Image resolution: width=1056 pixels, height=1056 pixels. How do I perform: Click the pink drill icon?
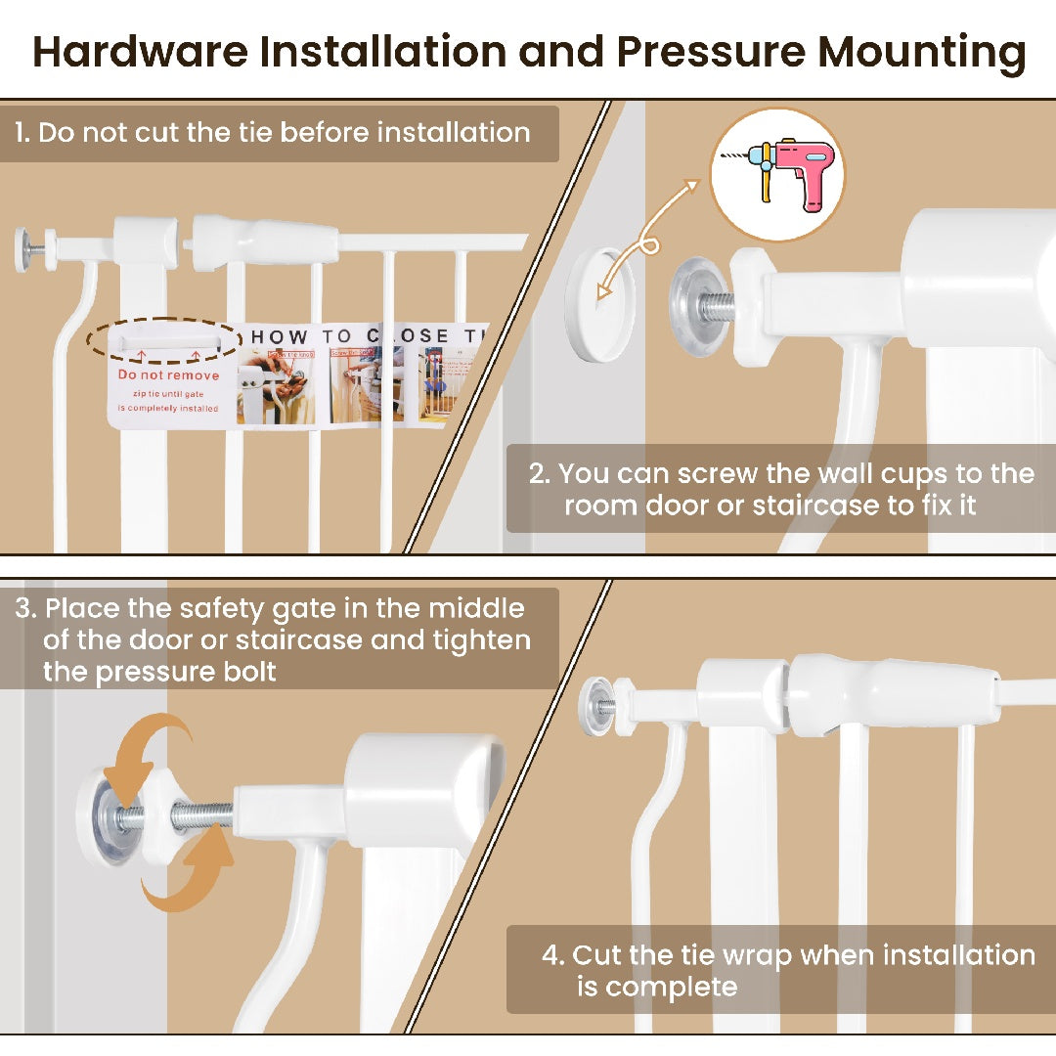coord(777,174)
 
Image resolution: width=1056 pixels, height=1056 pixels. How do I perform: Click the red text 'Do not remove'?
coord(168,375)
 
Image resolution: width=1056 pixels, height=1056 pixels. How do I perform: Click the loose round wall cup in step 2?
coord(600,304)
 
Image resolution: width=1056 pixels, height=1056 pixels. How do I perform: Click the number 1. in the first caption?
coord(22,133)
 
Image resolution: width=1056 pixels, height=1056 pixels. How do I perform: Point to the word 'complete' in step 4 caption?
coord(671,987)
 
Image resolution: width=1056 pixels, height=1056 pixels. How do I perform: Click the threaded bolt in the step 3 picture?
coord(201,813)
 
